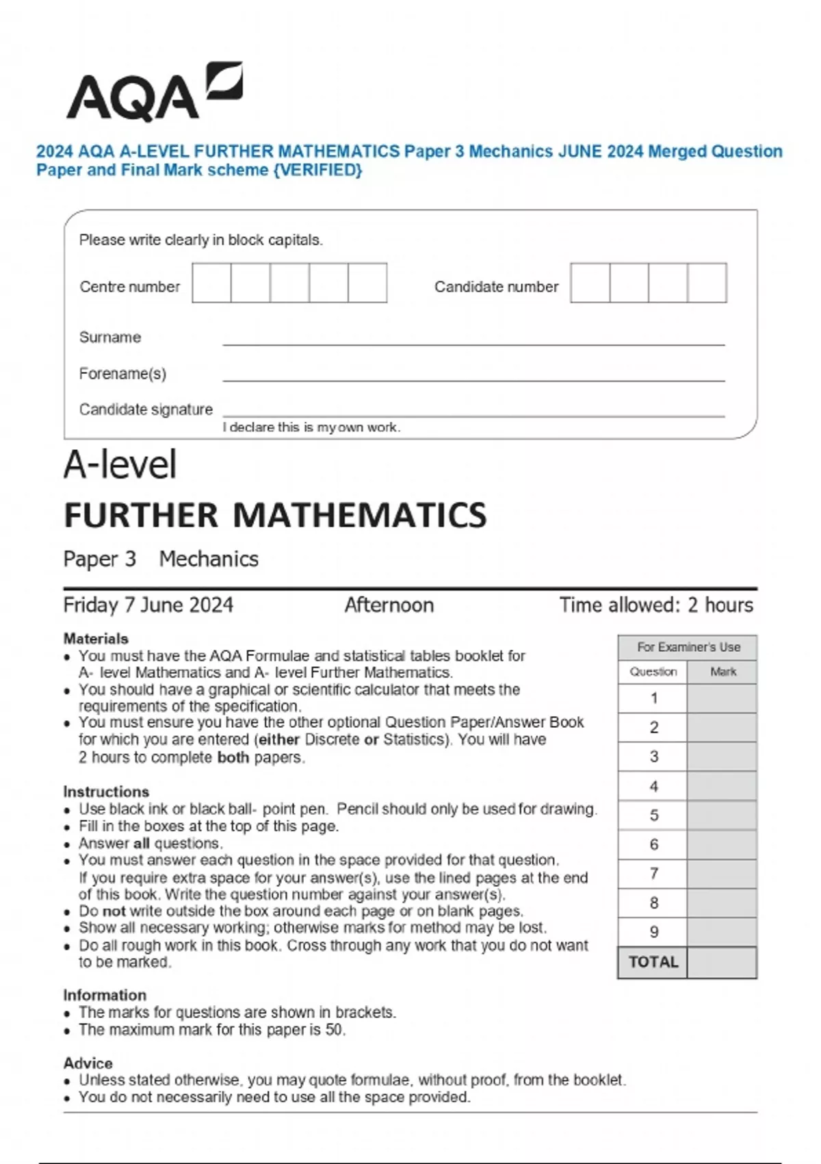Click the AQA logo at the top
click(153, 93)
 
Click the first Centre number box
click(211, 283)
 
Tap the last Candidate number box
click(707, 283)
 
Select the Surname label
click(110, 337)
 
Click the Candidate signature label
click(146, 409)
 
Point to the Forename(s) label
click(122, 373)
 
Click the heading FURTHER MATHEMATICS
click(275, 516)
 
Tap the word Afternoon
click(389, 605)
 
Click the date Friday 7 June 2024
click(148, 605)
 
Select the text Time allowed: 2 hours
click(655, 605)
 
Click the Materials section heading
click(96, 638)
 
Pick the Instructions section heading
click(106, 792)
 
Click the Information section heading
click(105, 995)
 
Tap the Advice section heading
click(88, 1063)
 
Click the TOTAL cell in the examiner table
click(653, 962)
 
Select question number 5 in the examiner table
click(653, 815)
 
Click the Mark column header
click(722, 672)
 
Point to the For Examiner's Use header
click(688, 647)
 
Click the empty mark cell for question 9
click(722, 932)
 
